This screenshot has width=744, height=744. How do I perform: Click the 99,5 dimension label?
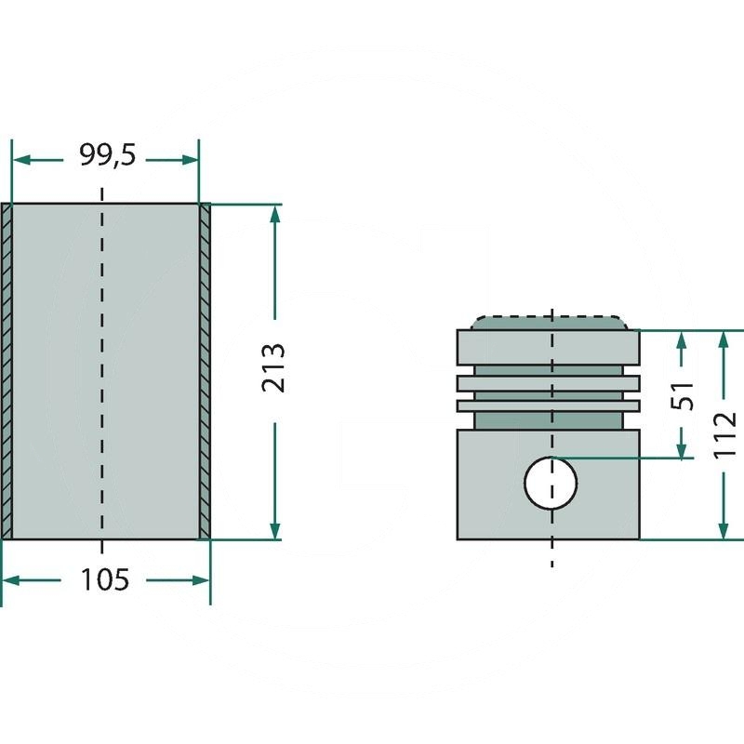107,156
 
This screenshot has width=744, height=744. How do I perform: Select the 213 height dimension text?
273,369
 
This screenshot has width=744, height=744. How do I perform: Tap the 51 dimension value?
683,395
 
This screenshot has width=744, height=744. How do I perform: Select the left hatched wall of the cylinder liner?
7,370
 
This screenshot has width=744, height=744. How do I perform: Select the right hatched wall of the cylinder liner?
206,370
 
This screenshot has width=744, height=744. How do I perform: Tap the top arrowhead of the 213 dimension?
274,213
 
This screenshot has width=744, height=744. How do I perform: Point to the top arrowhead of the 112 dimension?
724,339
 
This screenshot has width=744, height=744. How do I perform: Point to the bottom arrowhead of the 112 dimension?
724,530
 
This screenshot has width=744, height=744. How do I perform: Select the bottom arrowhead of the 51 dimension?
683,450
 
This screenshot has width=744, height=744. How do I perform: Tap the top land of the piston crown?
549,347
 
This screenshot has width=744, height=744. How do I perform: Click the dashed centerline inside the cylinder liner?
102,372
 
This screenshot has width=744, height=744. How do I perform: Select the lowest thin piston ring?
549,405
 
